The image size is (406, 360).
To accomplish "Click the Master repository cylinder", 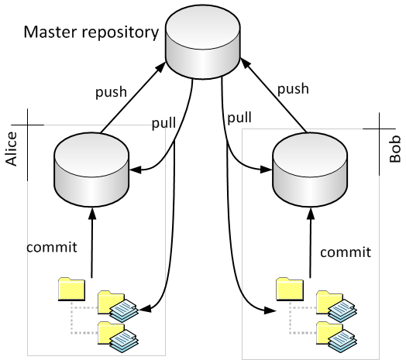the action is tap(203, 42).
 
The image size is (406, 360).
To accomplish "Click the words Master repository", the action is tap(91, 33).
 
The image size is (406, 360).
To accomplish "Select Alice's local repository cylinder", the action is tap(91, 170).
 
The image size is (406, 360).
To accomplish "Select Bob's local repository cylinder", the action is tap(310, 170).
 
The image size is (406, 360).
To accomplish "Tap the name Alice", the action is tap(11, 149).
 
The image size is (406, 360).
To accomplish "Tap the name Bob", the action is tap(395, 149).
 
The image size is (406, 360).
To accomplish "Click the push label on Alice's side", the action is tap(111, 92).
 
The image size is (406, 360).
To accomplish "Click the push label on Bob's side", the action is tap(293, 89).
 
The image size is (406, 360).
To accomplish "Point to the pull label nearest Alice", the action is tap(163, 122).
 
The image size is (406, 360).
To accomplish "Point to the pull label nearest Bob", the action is tap(239, 117).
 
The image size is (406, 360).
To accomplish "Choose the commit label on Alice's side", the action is tap(52, 247).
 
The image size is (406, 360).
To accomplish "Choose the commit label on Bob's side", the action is tap(346, 252).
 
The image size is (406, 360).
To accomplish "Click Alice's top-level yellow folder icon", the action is tap(72, 289).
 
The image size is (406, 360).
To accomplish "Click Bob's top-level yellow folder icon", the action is tap(290, 289).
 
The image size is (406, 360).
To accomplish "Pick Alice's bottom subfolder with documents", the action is tap(118, 337).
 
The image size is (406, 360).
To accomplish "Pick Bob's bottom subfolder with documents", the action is tap(336, 337).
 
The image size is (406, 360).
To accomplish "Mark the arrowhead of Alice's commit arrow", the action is tap(92, 214).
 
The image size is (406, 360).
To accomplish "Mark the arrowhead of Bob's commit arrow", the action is tap(311, 214).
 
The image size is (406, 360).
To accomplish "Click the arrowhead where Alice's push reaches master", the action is tap(160, 67).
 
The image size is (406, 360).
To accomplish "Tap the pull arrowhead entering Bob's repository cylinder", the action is tap(267, 170).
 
